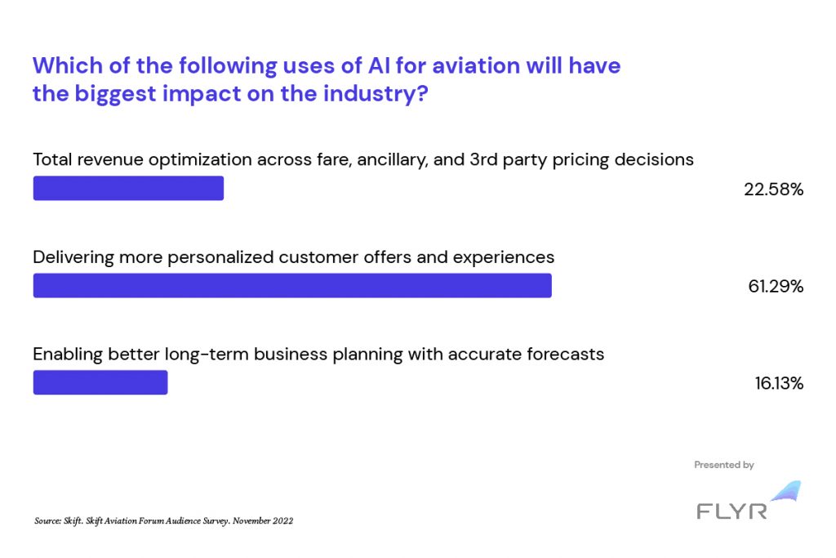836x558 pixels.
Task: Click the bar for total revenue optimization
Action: pyautogui.click(x=128, y=188)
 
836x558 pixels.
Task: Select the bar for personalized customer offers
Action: pyautogui.click(x=292, y=285)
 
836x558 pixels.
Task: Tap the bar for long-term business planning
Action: pyautogui.click(x=100, y=382)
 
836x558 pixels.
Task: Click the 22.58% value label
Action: pyautogui.click(x=774, y=190)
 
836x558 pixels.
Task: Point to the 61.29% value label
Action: pyautogui.click(x=776, y=287)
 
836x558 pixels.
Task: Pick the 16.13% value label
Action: pyautogui.click(x=779, y=383)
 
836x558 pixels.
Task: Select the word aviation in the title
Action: pyautogui.click(x=476, y=65)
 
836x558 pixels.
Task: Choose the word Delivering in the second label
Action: pyautogui.click(x=73, y=257)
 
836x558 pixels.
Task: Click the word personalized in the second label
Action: pyautogui.click(x=220, y=257)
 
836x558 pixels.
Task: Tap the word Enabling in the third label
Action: pyautogui.click(x=68, y=355)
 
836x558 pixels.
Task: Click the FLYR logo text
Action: pyautogui.click(x=732, y=511)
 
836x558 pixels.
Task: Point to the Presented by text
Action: pyautogui.click(x=724, y=465)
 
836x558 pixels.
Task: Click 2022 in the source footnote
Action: pyautogui.click(x=283, y=520)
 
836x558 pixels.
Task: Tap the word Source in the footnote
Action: pyautogui.click(x=47, y=520)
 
